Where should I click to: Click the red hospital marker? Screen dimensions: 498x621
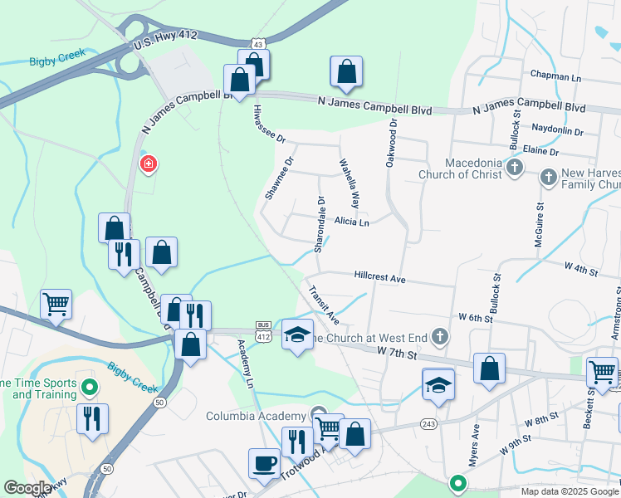coord(149,164)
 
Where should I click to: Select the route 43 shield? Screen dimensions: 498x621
coord(259,43)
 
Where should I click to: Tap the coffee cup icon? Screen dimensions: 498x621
coord(265,462)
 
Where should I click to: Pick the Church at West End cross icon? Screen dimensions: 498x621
coord(440,336)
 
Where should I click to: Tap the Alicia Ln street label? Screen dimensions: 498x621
coord(351,222)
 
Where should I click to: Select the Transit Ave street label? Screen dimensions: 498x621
coord(324,305)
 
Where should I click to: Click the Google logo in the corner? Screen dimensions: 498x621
coord(27,488)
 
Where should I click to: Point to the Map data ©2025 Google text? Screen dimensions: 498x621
coord(569,491)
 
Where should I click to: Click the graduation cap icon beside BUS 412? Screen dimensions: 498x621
coord(297,334)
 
